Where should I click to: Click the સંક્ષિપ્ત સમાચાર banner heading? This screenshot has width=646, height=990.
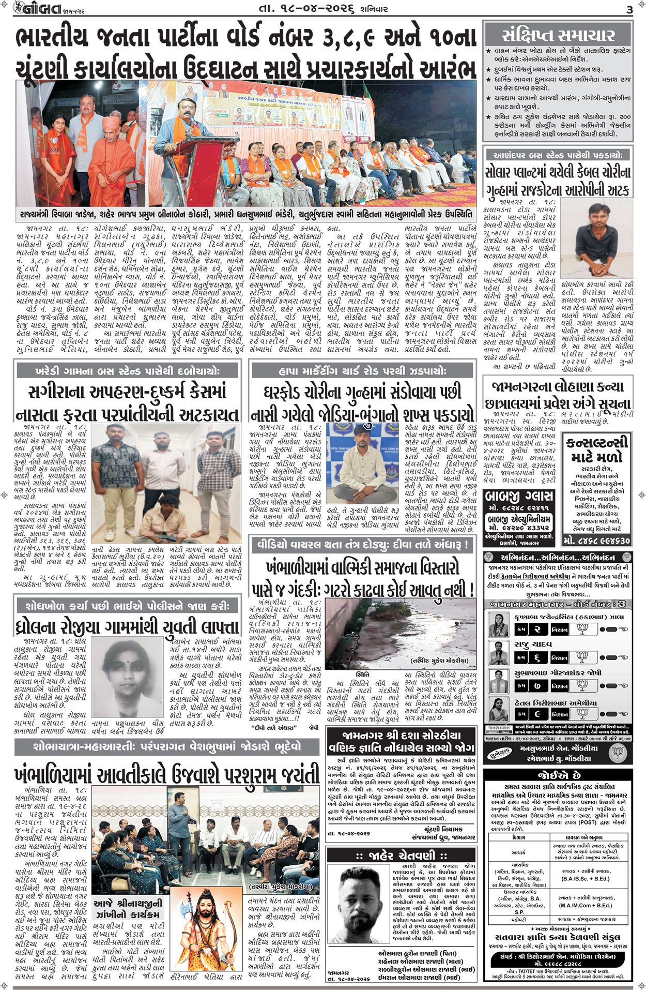(558, 35)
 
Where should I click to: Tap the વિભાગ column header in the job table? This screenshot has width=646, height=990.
(519, 836)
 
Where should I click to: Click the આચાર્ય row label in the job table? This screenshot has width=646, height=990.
(519, 852)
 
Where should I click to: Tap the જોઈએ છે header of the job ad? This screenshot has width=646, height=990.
(558, 776)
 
